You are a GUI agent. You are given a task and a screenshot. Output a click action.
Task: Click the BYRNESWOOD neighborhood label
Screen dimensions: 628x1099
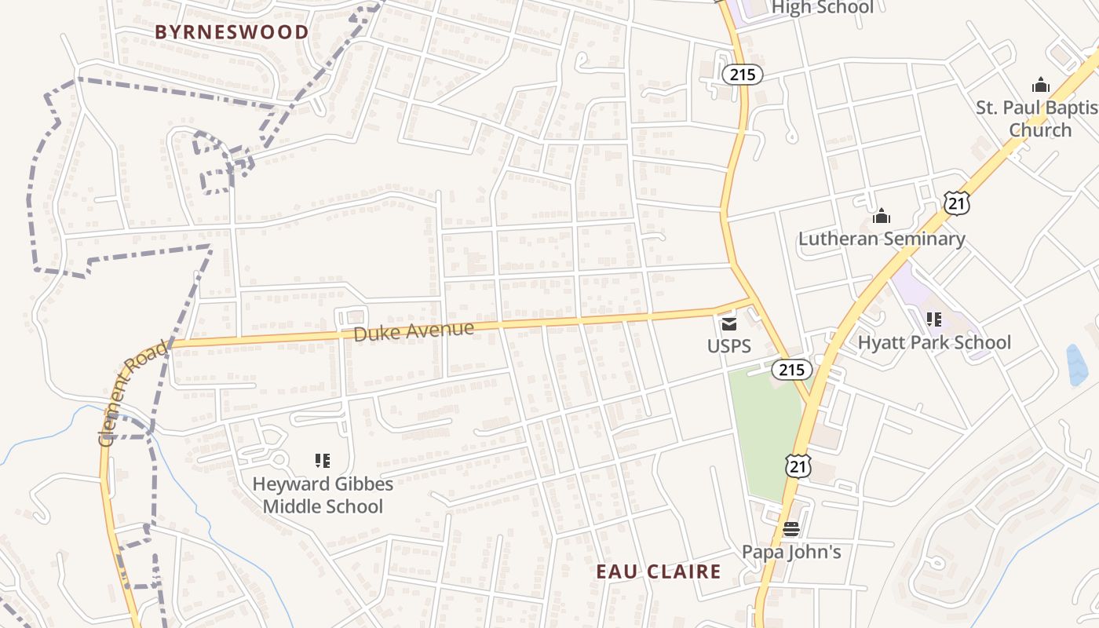click(x=232, y=32)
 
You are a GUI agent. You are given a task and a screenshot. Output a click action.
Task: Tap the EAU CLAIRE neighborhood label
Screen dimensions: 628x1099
click(x=658, y=571)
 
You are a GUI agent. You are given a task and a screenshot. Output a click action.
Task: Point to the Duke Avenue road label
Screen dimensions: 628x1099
click(x=413, y=331)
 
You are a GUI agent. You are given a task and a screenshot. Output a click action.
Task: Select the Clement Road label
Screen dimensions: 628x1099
click(x=133, y=392)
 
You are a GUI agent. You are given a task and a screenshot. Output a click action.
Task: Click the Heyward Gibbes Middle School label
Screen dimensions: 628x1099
click(x=323, y=495)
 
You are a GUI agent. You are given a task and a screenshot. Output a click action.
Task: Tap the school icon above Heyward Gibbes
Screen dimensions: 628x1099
click(x=323, y=460)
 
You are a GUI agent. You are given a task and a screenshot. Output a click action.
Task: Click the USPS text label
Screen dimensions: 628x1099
click(x=729, y=346)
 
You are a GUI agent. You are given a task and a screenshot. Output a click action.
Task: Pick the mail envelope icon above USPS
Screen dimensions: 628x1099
click(x=729, y=323)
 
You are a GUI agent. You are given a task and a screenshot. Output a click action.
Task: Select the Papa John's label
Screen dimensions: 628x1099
click(x=791, y=552)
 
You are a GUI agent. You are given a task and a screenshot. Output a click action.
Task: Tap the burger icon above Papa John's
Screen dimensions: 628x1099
click(x=791, y=529)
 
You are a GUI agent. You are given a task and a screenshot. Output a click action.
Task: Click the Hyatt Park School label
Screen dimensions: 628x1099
click(x=934, y=342)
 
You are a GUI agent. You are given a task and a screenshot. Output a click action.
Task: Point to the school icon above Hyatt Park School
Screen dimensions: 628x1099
click(x=934, y=319)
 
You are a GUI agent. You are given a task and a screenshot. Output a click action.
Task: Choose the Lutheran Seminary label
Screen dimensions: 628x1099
click(x=882, y=239)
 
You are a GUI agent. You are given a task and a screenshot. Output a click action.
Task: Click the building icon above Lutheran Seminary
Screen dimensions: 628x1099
click(x=882, y=216)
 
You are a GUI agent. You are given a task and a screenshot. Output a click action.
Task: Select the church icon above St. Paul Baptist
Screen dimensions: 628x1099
click(x=1041, y=85)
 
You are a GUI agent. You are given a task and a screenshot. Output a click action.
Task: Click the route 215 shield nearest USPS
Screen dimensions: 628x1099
click(x=791, y=369)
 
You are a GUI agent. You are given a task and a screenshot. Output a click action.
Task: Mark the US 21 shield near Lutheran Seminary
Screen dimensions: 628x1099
click(x=957, y=204)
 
